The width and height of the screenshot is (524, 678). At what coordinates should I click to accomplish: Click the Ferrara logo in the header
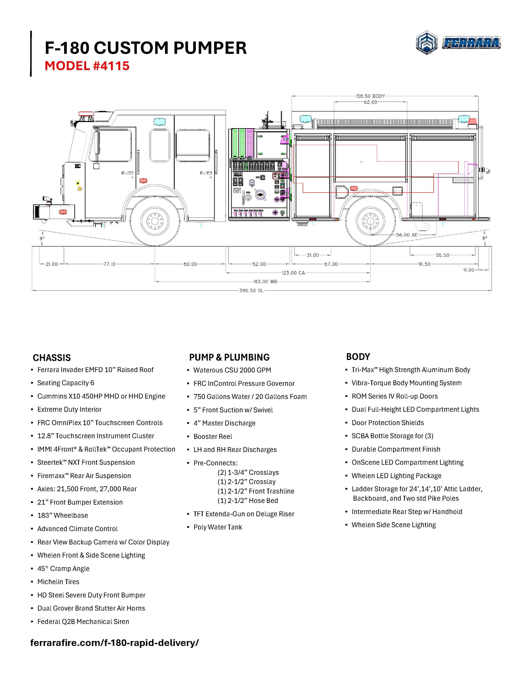[458, 43]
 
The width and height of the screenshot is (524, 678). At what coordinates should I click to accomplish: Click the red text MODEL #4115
[87, 66]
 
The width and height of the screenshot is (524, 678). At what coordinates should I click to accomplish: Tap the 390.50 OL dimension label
[251, 291]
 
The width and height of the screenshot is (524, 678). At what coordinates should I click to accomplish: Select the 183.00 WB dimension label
[265, 282]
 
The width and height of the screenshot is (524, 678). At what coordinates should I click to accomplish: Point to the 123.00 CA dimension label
[293, 273]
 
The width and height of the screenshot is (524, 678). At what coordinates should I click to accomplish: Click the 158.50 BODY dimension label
[370, 96]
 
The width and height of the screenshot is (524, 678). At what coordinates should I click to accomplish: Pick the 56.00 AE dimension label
[407, 235]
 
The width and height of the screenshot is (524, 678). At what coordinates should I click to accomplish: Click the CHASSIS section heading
[52, 358]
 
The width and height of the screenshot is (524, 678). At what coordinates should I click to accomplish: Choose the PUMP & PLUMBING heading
[229, 357]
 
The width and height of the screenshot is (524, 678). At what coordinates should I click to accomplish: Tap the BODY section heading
[358, 357]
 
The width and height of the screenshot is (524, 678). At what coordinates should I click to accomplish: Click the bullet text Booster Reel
[213, 436]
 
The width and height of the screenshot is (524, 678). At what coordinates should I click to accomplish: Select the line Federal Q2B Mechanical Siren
[83, 622]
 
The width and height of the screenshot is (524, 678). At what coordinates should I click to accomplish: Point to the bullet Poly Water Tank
[218, 527]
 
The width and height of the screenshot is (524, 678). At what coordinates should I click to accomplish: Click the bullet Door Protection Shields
[388, 423]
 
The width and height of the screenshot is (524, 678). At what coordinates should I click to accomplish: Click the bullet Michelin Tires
[58, 582]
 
